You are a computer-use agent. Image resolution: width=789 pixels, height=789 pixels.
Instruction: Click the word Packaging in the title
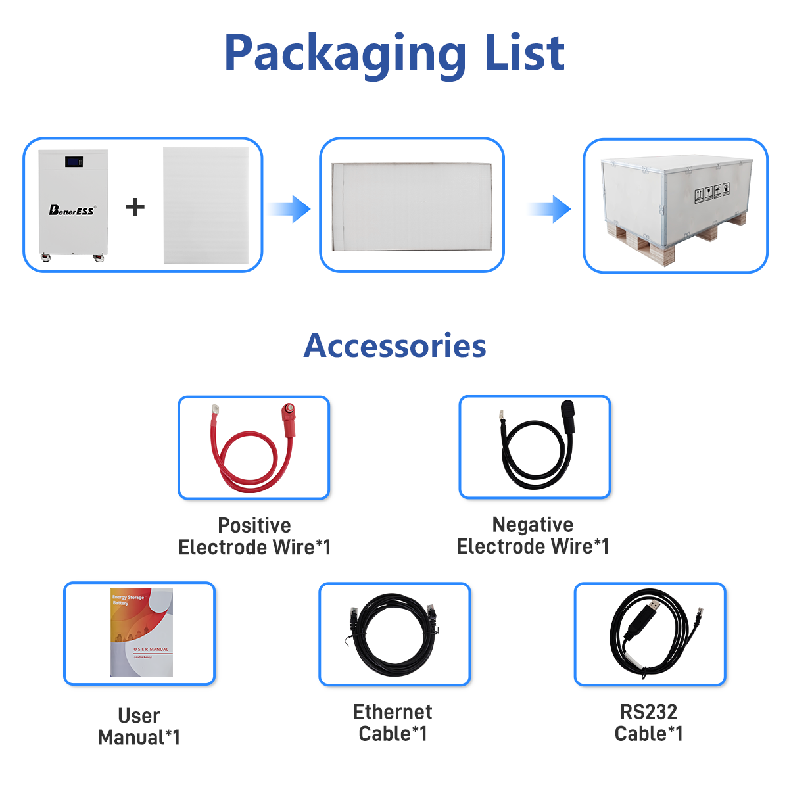345,54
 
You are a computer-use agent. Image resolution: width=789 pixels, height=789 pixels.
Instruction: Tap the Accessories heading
394,346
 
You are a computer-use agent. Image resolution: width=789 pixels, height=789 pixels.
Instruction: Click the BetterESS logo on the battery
72,210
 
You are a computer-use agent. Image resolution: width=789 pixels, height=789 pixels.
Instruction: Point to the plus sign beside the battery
135,207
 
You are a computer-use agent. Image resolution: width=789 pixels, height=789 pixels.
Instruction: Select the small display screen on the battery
73,162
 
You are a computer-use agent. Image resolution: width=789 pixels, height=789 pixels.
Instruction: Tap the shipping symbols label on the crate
712,193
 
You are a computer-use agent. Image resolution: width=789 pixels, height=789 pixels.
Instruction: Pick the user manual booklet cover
141,632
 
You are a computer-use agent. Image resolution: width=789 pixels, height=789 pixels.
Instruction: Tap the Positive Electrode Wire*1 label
254,536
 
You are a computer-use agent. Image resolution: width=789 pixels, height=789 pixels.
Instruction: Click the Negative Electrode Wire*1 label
533,535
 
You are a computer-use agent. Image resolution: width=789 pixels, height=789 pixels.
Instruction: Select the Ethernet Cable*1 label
393,722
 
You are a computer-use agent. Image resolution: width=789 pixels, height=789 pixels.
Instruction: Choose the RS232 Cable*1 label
648,722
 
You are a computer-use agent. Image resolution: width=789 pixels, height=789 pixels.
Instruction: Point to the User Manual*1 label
139,726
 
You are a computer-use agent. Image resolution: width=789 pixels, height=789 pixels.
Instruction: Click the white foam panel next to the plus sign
206,205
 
